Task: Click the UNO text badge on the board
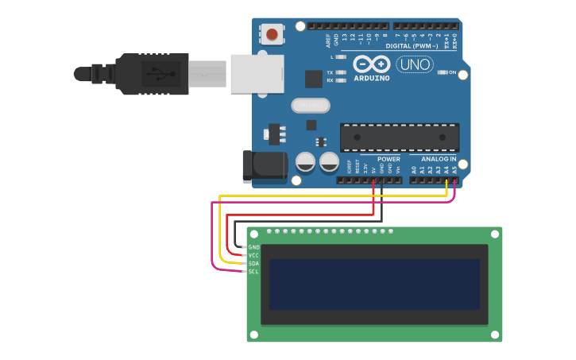pos(415,64)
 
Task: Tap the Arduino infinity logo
pos(371,64)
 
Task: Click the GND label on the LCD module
pos(254,247)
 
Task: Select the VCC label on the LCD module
pos(254,255)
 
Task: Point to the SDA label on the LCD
pos(254,263)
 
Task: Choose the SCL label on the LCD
pos(254,272)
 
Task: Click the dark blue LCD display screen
pos(374,284)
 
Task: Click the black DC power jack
pos(265,166)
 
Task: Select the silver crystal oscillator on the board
pos(310,105)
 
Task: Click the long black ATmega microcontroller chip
pos(400,137)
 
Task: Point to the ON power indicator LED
pos(443,73)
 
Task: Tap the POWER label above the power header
pos(389,160)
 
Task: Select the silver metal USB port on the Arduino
pos(257,74)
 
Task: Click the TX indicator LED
pos(341,72)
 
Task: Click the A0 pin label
pos(414,168)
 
